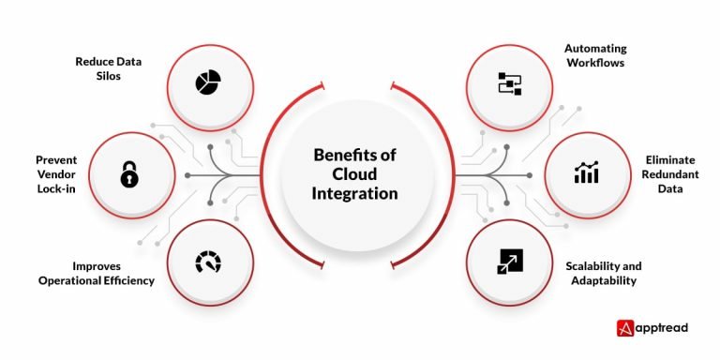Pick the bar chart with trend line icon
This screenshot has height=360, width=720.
(x=587, y=173)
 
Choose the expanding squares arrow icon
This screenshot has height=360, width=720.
(x=508, y=262)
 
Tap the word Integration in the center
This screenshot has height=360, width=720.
(x=356, y=193)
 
